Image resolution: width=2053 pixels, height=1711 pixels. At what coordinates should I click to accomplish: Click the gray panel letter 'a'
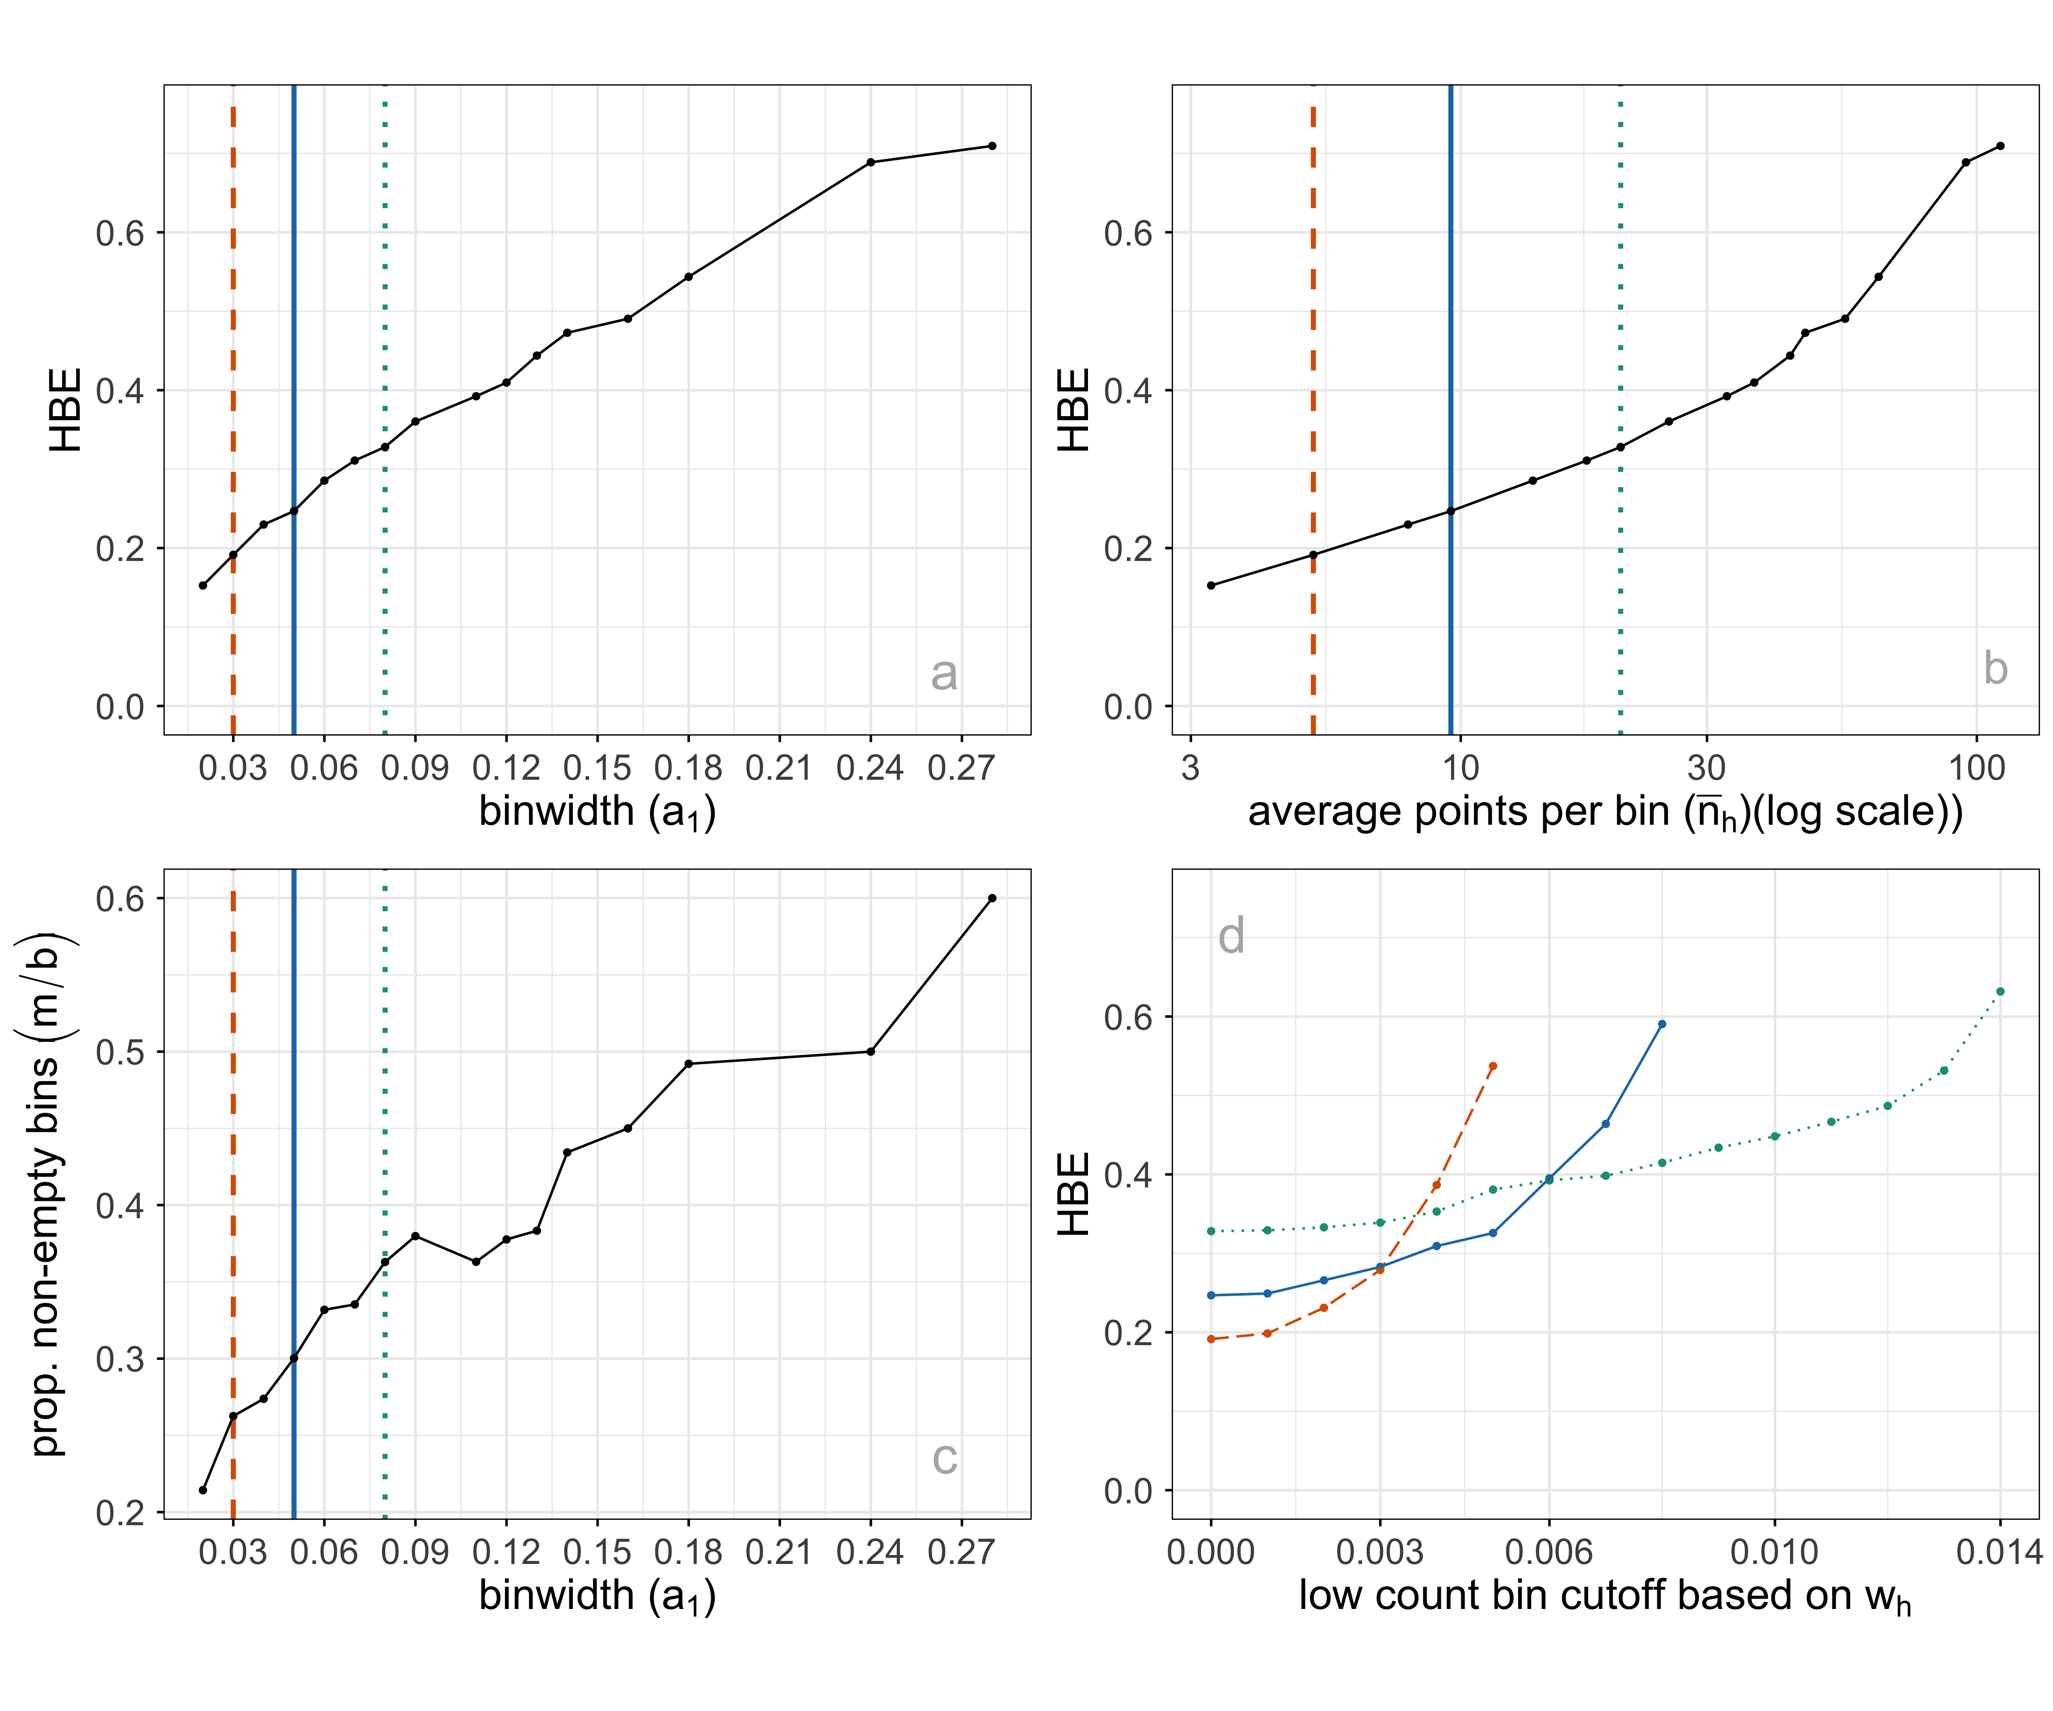pos(943,674)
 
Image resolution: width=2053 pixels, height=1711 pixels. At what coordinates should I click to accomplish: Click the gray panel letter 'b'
pos(1994,669)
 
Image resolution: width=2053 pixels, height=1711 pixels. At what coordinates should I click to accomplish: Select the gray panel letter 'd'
pos(1231,936)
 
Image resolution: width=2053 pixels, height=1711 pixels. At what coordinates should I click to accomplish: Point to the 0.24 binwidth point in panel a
pos(870,162)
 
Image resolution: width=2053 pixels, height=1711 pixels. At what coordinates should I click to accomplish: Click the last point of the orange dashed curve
pos(1493,1066)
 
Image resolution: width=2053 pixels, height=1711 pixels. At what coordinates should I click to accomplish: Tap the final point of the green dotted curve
pos(1999,991)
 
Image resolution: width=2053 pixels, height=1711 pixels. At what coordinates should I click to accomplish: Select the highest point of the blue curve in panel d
pos(1662,1023)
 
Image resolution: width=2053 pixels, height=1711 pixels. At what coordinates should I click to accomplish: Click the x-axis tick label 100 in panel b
pos(1976,768)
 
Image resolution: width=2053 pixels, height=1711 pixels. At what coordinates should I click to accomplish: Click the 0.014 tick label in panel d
pos(1997,1551)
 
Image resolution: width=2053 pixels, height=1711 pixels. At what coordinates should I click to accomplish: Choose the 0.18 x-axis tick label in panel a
pos(688,768)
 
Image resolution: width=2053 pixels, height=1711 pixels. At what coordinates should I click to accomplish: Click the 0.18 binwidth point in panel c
pos(688,1064)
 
